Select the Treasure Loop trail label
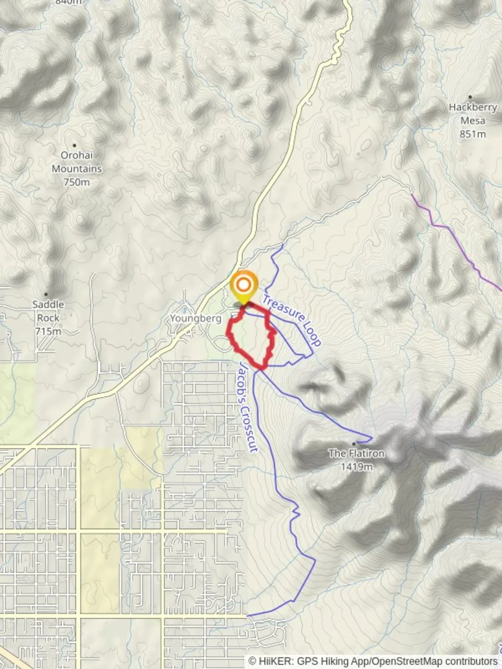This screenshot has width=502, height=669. point(291,320)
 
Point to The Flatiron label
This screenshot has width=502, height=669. point(356,453)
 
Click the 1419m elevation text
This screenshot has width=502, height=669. point(356,466)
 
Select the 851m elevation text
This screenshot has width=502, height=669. point(473,134)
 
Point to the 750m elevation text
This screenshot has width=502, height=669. point(77,182)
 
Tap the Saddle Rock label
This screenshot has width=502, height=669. point(48,311)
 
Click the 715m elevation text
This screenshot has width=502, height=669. point(48,331)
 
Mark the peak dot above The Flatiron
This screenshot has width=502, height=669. point(354,444)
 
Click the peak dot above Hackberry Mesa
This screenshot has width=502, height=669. point(470,97)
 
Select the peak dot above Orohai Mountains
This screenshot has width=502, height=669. point(74,146)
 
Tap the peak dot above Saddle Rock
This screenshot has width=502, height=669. point(45,294)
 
